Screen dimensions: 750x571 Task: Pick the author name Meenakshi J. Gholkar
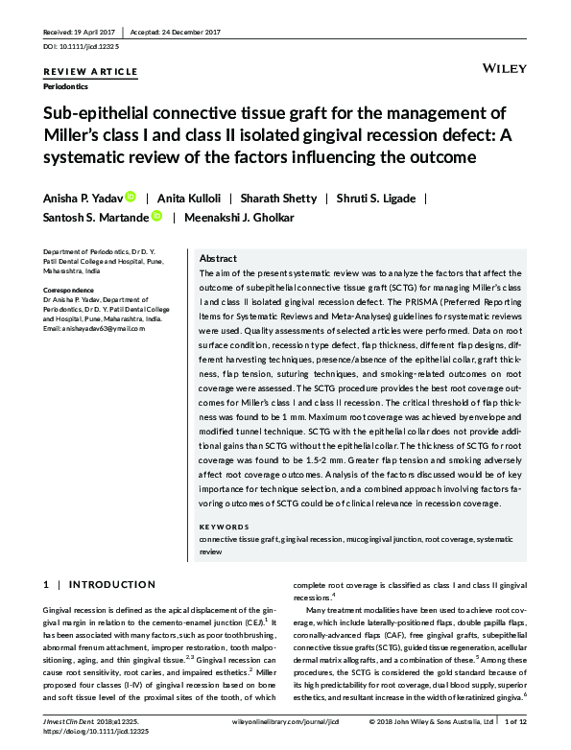[x=240, y=217]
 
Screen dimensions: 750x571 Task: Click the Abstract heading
[x=219, y=259]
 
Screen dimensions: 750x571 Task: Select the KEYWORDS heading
[x=224, y=527]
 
